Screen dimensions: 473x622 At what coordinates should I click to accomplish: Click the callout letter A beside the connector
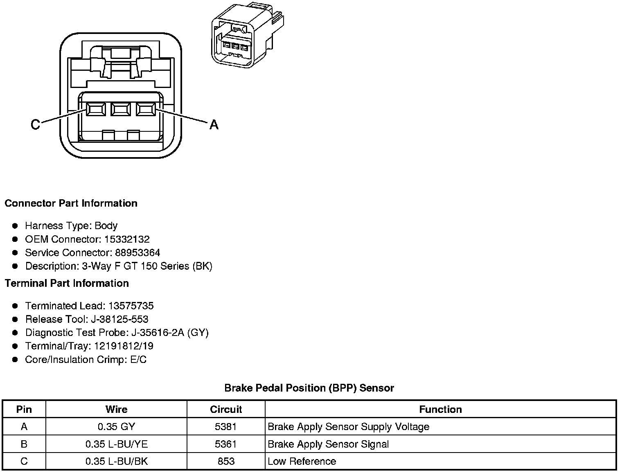pos(214,124)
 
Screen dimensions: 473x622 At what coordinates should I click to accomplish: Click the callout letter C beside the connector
pos(36,124)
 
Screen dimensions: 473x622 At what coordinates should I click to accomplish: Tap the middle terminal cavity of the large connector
pos(120,109)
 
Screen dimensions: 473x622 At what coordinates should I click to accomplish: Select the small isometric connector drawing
pos(247,35)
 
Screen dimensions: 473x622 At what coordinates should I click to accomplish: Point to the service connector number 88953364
pos(137,253)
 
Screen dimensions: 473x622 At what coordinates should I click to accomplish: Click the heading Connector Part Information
pos(71,203)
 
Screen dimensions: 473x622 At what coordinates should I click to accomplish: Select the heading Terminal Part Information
pos(67,284)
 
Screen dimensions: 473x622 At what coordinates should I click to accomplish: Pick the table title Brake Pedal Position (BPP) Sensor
pos(309,388)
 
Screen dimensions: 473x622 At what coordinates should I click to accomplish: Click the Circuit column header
pos(226,410)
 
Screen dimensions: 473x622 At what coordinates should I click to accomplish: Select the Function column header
pos(440,410)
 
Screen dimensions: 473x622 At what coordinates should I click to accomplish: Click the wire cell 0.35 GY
pos(116,427)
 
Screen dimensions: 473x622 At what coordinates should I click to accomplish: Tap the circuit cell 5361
pos(226,444)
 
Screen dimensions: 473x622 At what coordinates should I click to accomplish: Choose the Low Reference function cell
pos(302,462)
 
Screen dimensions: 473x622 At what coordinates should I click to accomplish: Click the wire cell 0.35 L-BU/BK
pos(116,462)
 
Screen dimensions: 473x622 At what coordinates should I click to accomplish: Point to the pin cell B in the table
pos(24,444)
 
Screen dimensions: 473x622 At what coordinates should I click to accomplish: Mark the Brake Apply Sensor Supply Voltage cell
pos(349,427)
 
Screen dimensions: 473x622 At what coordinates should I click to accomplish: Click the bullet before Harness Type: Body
pos(15,226)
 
